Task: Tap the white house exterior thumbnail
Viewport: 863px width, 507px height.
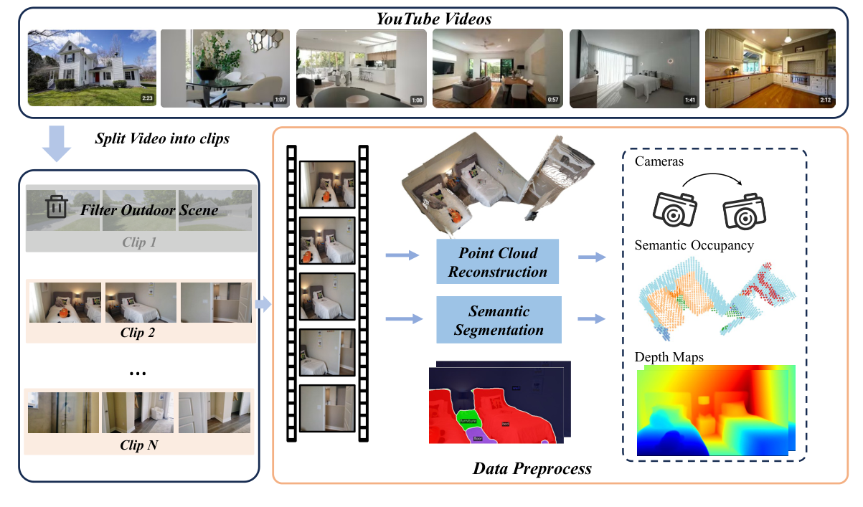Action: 92,68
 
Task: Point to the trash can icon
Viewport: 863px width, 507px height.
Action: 56,208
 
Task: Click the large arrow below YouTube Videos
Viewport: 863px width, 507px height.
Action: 57,142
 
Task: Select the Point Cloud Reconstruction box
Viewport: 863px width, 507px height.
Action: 499,262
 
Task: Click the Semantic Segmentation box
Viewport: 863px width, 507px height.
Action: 499,321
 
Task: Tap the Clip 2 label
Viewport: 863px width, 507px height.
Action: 138,333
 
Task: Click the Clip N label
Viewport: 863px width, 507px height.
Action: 138,445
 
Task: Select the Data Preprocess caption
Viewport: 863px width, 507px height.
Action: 532,469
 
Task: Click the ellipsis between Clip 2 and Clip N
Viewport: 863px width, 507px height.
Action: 138,373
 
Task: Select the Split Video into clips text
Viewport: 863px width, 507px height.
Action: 161,138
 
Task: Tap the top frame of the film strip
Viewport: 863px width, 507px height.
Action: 327,184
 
